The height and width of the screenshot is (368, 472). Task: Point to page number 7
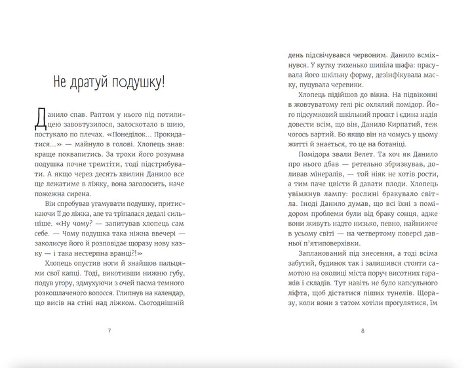109,331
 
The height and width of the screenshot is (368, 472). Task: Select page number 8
362,331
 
